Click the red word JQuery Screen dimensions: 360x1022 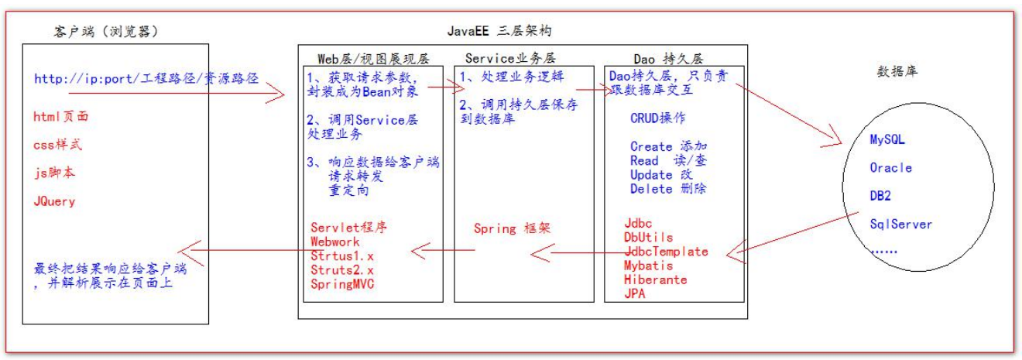coord(55,201)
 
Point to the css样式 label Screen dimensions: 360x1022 coord(58,145)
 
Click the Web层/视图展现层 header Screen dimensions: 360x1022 coord(373,59)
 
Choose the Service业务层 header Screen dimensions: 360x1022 coord(510,59)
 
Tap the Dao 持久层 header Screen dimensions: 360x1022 coord(667,59)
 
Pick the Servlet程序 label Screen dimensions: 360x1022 coord(348,228)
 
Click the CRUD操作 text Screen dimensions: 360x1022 coord(657,118)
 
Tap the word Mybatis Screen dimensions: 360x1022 coord(649,266)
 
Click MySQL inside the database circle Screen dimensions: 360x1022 coord(887,140)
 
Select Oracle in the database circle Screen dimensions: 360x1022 coord(890,168)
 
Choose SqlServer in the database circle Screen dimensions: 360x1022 coord(900,225)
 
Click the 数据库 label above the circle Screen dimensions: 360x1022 coord(898,71)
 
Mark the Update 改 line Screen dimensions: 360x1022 coord(663,175)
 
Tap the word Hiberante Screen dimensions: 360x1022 coord(655,279)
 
